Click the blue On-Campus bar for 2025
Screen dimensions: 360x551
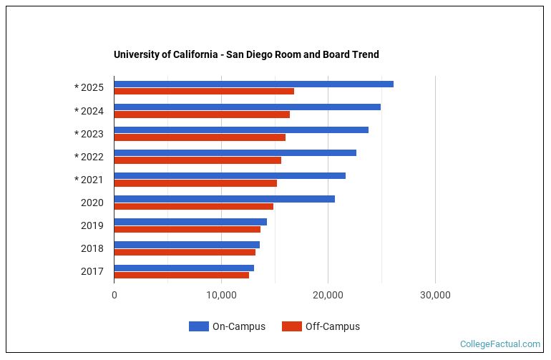(x=253, y=84)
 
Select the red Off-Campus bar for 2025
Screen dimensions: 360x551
(x=204, y=92)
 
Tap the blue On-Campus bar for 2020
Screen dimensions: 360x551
(x=224, y=199)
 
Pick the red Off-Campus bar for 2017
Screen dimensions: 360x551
(x=181, y=275)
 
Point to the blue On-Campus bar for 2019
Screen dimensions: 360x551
(x=190, y=222)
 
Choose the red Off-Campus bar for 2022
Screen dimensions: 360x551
(x=198, y=160)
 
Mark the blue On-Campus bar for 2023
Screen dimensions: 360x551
(x=241, y=130)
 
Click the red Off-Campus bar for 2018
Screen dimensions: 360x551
(x=185, y=252)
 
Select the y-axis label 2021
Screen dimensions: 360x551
(x=92, y=180)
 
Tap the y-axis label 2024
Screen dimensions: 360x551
(x=92, y=111)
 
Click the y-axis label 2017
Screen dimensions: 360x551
(x=92, y=271)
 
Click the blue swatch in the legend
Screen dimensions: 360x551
(x=198, y=326)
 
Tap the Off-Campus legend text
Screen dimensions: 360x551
(x=332, y=326)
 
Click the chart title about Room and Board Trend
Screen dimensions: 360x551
(x=246, y=54)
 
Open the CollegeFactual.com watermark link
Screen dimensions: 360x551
(x=499, y=344)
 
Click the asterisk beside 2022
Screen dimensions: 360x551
(x=77, y=157)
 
